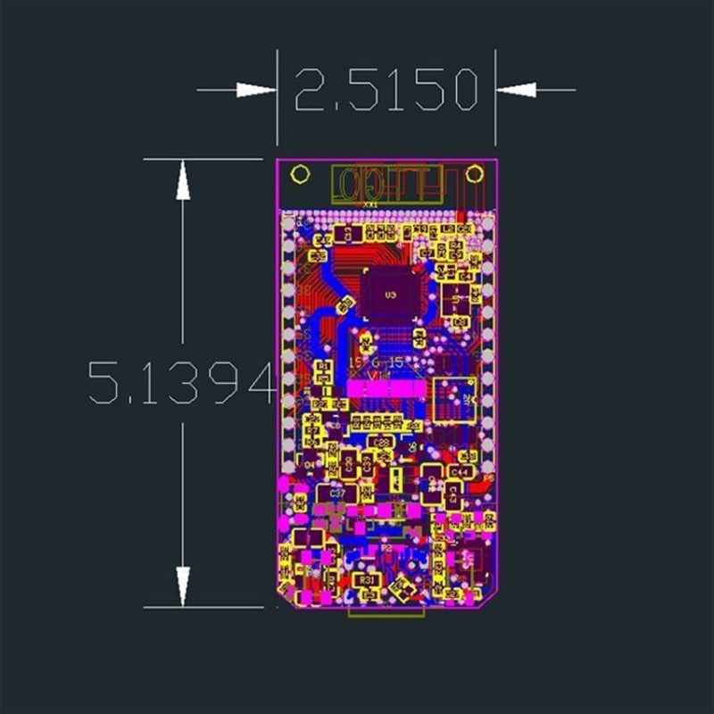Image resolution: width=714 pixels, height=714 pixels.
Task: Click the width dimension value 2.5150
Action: [x=386, y=90]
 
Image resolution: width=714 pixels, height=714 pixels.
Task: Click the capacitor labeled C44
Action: [x=460, y=470]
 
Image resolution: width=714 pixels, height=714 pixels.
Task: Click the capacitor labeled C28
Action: [x=382, y=441]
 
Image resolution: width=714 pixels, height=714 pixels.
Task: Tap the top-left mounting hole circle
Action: [x=302, y=174]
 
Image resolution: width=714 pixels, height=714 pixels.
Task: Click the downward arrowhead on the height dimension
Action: [x=183, y=585]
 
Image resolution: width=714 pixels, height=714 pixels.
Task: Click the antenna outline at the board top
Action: [x=386, y=184]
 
